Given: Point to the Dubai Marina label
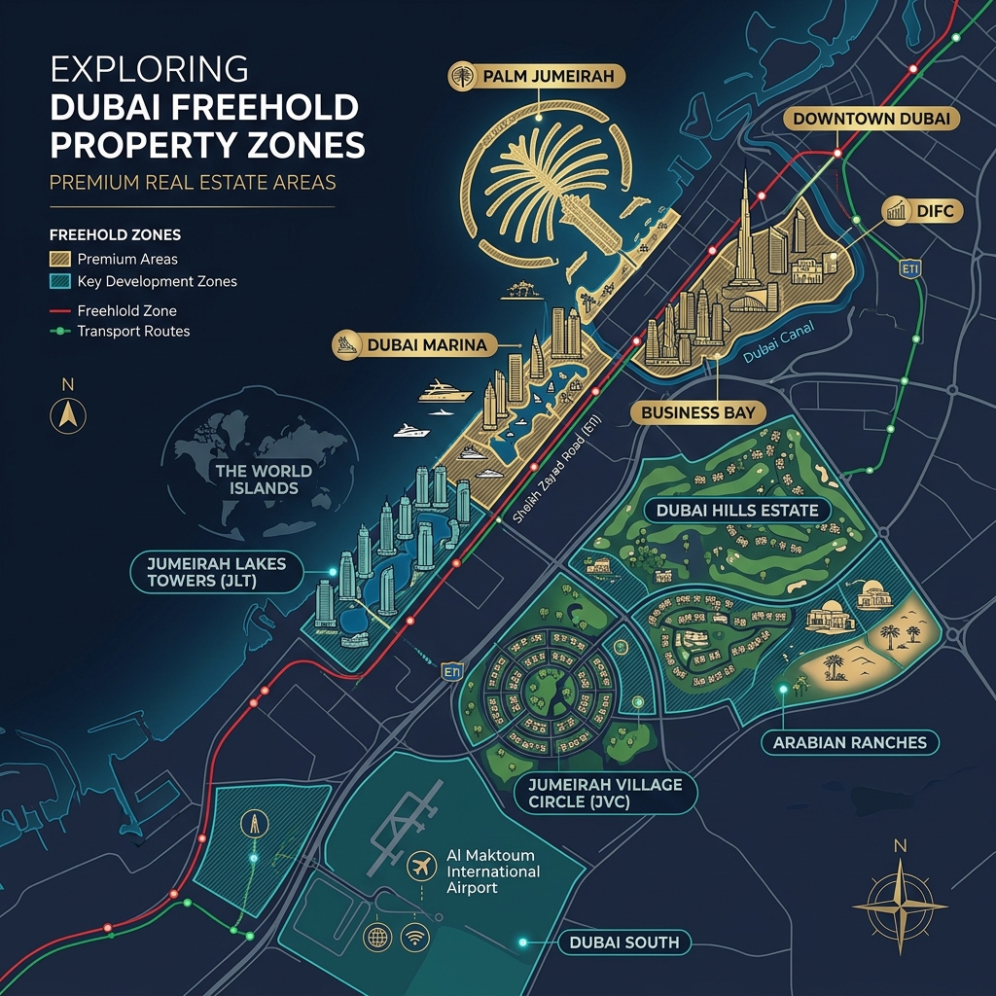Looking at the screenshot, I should click(415, 343).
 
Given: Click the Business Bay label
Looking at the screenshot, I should click(698, 412).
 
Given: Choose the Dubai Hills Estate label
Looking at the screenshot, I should click(737, 510).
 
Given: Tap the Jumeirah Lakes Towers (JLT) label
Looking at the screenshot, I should click(217, 572).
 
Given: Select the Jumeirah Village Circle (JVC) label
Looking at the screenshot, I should click(605, 794).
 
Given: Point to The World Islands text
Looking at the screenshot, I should click(264, 479).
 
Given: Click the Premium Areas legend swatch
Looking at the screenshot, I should click(59, 260).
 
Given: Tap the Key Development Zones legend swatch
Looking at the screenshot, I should click(59, 282).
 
